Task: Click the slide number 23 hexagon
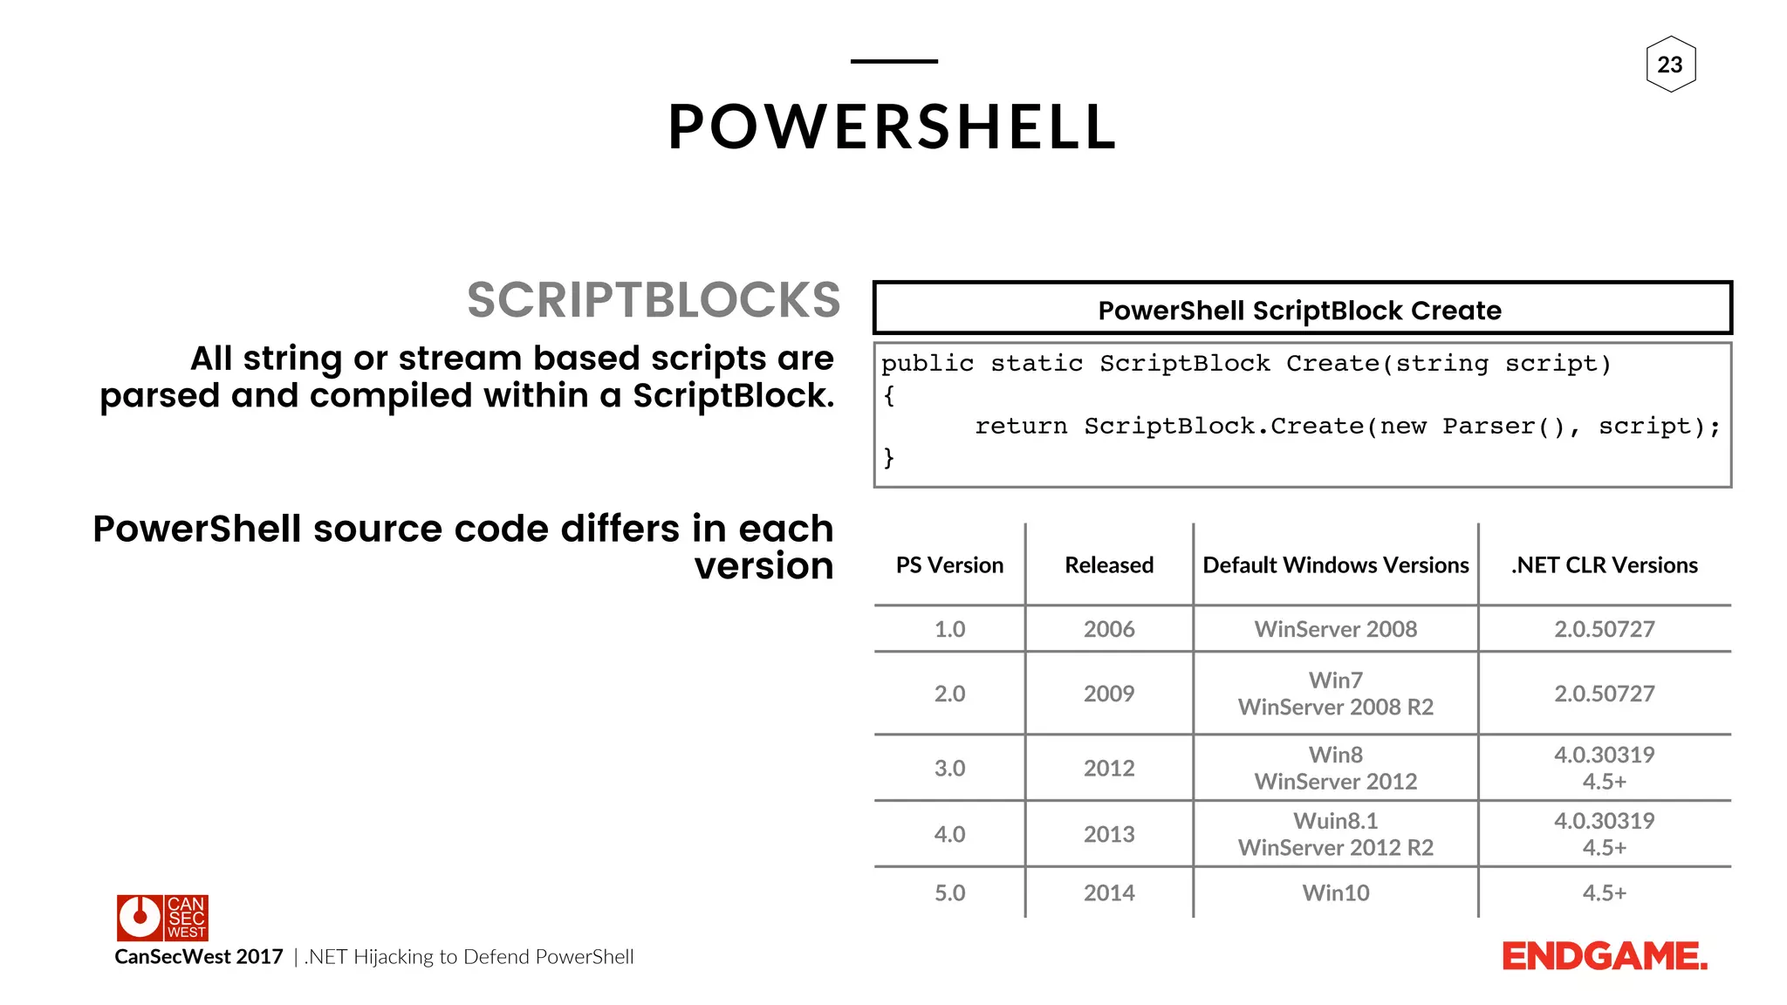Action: pyautogui.click(x=1670, y=65)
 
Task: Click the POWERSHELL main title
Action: pyautogui.click(x=893, y=127)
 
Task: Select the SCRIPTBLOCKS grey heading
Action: pyautogui.click(x=654, y=300)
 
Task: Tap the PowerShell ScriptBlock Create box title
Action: pyautogui.click(x=1300, y=310)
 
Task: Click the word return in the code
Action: pyautogui.click(x=1020, y=427)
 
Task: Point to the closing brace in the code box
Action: pyautogui.click(x=888, y=457)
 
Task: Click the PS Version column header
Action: pyautogui.click(x=949, y=565)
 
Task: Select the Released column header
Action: pyautogui.click(x=1109, y=565)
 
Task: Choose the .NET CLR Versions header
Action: pyautogui.click(x=1604, y=565)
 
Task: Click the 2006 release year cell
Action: pyautogui.click(x=1109, y=629)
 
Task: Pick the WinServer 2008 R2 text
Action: pyautogui.click(x=1335, y=707)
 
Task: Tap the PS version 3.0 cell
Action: pyautogui.click(x=949, y=769)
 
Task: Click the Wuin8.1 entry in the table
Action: pyautogui.click(x=1335, y=821)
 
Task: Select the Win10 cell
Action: pyautogui.click(x=1335, y=893)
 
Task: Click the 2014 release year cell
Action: pyautogui.click(x=1109, y=893)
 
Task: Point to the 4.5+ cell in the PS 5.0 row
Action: pyautogui.click(x=1604, y=893)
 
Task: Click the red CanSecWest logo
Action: pyautogui.click(x=162, y=917)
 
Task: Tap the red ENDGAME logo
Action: pyautogui.click(x=1604, y=957)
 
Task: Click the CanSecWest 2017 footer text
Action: pyautogui.click(x=199, y=957)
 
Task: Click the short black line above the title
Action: pyautogui.click(x=893, y=61)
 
